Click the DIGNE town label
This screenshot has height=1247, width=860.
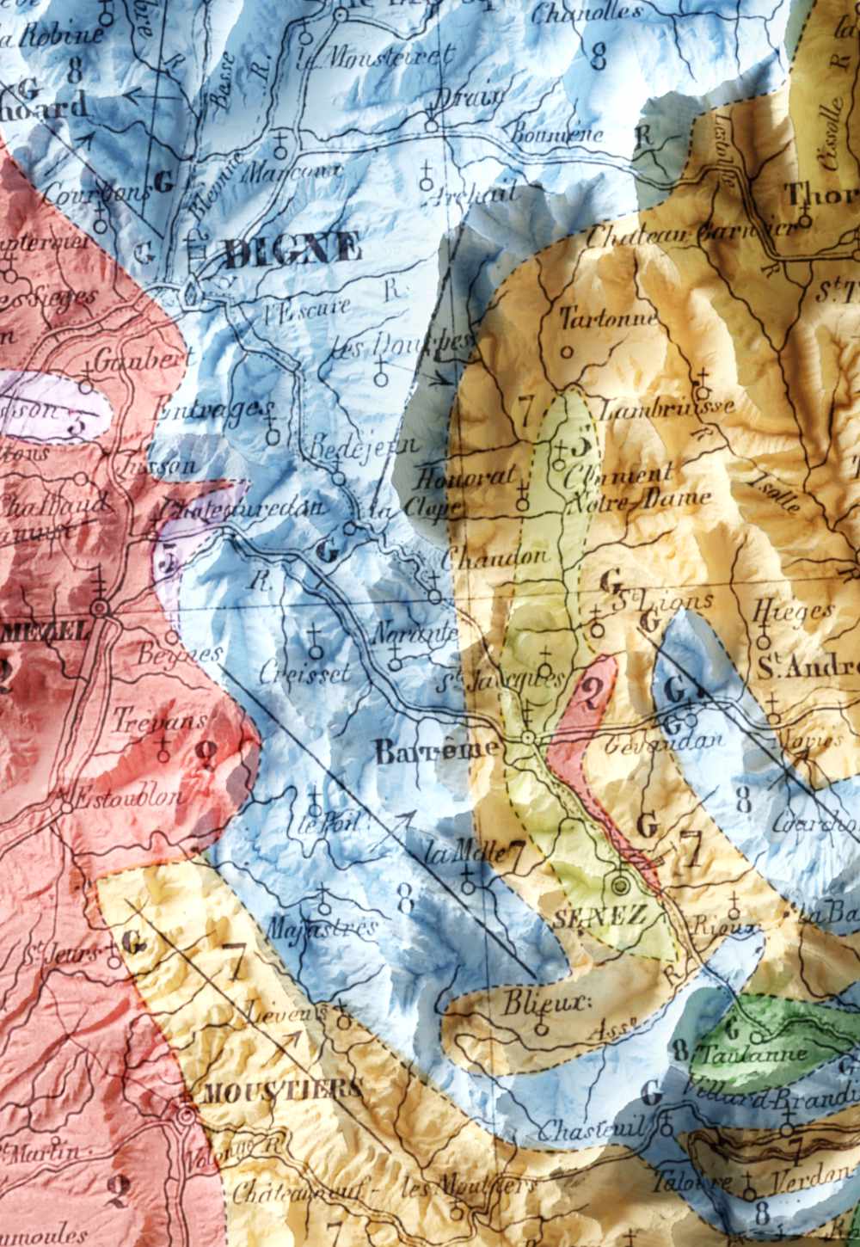[292, 251]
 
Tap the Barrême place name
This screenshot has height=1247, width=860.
[436, 751]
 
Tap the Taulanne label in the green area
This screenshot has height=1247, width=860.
[753, 1053]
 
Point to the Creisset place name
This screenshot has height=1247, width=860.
[305, 673]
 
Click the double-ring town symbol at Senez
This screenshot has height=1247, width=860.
[621, 885]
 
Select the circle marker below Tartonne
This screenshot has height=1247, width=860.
[566, 351]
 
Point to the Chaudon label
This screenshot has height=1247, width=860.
[494, 556]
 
